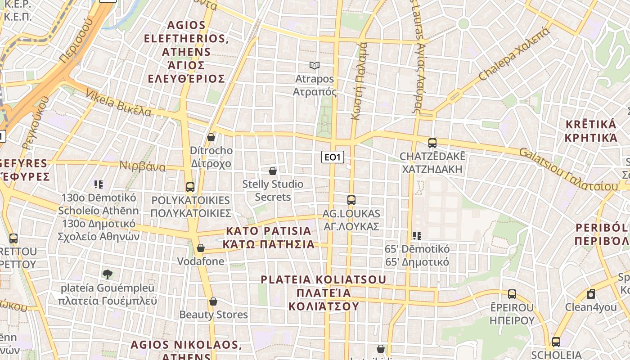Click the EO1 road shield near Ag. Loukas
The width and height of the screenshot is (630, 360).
[x=333, y=157]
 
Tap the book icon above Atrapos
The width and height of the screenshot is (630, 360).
[x=315, y=66]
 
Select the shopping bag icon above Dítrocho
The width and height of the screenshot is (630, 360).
[x=211, y=137]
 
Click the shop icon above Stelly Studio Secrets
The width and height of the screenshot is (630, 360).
[x=272, y=171]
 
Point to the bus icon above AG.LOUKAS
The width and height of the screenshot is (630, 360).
[x=351, y=200]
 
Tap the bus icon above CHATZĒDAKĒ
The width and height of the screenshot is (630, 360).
[x=432, y=143]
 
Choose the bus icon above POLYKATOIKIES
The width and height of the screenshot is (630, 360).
[x=190, y=187]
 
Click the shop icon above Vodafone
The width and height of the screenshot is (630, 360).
[x=201, y=248]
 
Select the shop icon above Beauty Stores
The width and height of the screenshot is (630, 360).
[x=213, y=301]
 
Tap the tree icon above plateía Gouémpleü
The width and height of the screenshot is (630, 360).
[x=107, y=274]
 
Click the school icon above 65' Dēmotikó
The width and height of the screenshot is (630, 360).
[x=417, y=235]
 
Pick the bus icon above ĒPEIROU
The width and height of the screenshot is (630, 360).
[x=512, y=294]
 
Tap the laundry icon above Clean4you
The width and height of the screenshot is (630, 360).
[x=591, y=294]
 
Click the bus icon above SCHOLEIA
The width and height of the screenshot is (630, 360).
[x=556, y=342]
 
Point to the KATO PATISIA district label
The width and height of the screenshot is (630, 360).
[x=269, y=238]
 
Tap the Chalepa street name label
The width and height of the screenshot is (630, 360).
[x=514, y=54]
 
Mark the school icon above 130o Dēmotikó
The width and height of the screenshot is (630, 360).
[x=99, y=184]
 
